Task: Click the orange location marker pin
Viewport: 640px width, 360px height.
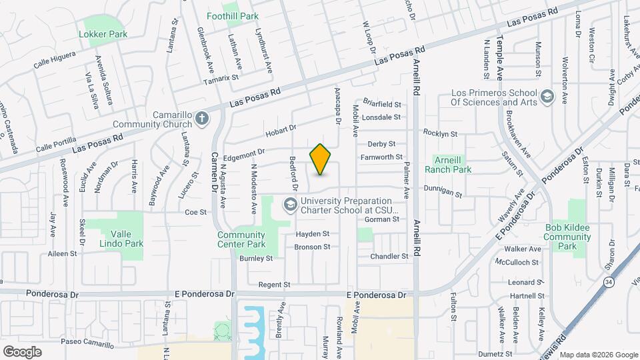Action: click(x=320, y=159)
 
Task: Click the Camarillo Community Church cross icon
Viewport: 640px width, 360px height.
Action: click(x=203, y=119)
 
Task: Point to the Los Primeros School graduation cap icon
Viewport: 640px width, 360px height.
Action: click(x=547, y=97)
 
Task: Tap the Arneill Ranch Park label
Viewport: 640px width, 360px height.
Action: click(x=453, y=165)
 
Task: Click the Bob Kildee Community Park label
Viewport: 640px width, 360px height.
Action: click(x=567, y=237)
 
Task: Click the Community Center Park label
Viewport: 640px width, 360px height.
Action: click(x=241, y=239)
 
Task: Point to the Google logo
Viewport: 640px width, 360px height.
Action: click(x=21, y=352)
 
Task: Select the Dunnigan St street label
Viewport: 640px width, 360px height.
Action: click(x=443, y=192)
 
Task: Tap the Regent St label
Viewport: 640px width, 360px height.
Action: click(x=274, y=285)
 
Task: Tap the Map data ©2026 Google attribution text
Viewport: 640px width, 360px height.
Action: click(x=598, y=354)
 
